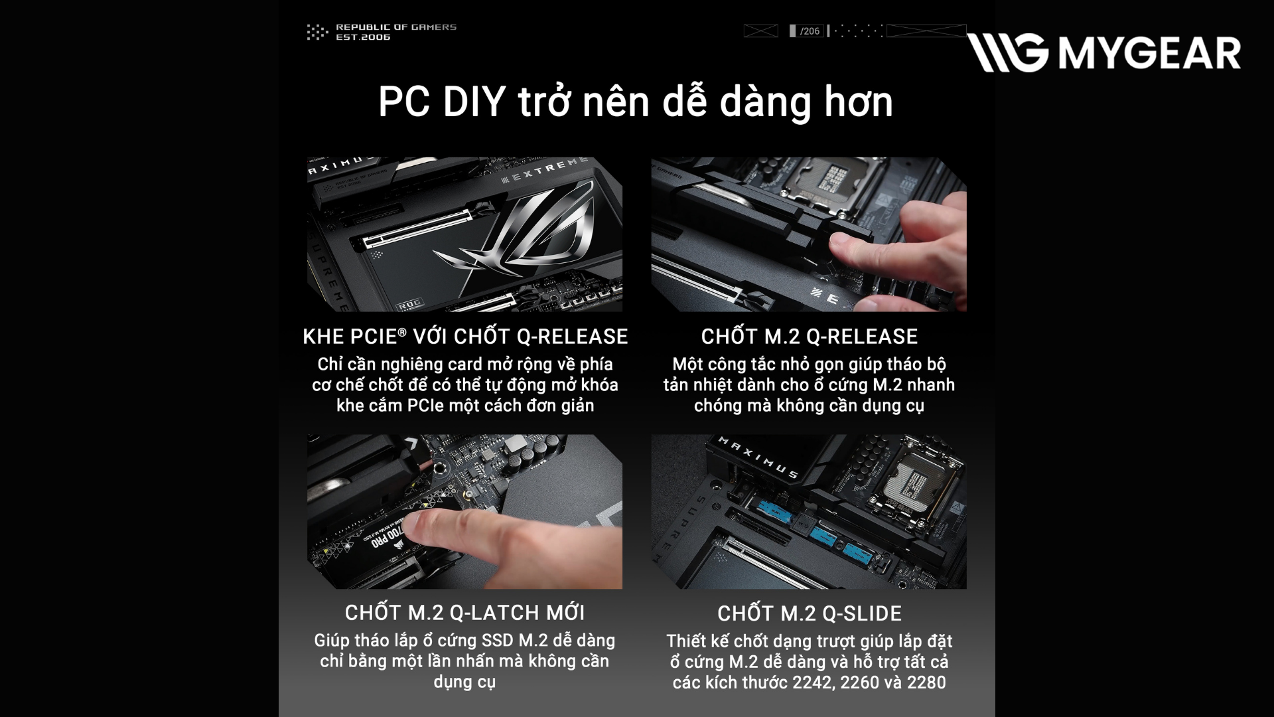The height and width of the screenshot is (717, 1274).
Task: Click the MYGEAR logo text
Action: [1149, 53]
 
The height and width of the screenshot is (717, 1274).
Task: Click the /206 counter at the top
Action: [810, 31]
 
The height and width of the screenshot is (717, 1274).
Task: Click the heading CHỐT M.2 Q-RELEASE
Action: [810, 337]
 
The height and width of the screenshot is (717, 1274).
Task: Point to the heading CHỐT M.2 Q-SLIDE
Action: [810, 613]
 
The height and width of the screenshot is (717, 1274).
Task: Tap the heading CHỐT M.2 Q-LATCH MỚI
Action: [464, 613]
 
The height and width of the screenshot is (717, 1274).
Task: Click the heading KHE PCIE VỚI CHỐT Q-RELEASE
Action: [465, 337]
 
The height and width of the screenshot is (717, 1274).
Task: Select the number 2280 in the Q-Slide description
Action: [926, 682]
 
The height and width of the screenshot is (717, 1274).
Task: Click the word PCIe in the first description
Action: [424, 406]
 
